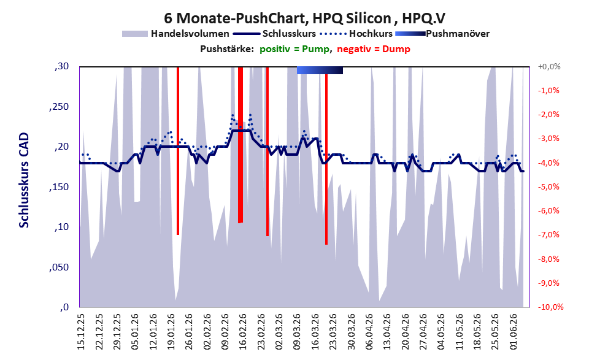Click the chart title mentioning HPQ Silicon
pyautogui.click(x=304, y=18)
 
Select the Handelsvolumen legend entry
pyautogui.click(x=175, y=34)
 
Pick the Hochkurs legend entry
pyautogui.click(x=356, y=34)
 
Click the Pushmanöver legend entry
pyautogui.click(x=442, y=34)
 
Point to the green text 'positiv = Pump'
pyautogui.click(x=294, y=49)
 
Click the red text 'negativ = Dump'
pyautogui.click(x=374, y=49)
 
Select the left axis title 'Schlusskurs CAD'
pyautogui.click(x=24, y=180)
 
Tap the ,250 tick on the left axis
pyautogui.click(x=59, y=107)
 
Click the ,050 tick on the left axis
pyautogui.click(x=59, y=267)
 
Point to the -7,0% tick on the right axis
pyautogui.click(x=548, y=235)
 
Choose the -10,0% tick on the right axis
pyautogui.click(x=550, y=307)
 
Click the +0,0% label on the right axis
pyautogui.click(x=549, y=67)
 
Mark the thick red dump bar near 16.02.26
pyautogui.click(x=241, y=145)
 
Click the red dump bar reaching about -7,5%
pyautogui.click(x=326, y=159)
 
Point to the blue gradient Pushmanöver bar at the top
pyautogui.click(x=320, y=70)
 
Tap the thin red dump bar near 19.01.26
pyautogui.click(x=177, y=151)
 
